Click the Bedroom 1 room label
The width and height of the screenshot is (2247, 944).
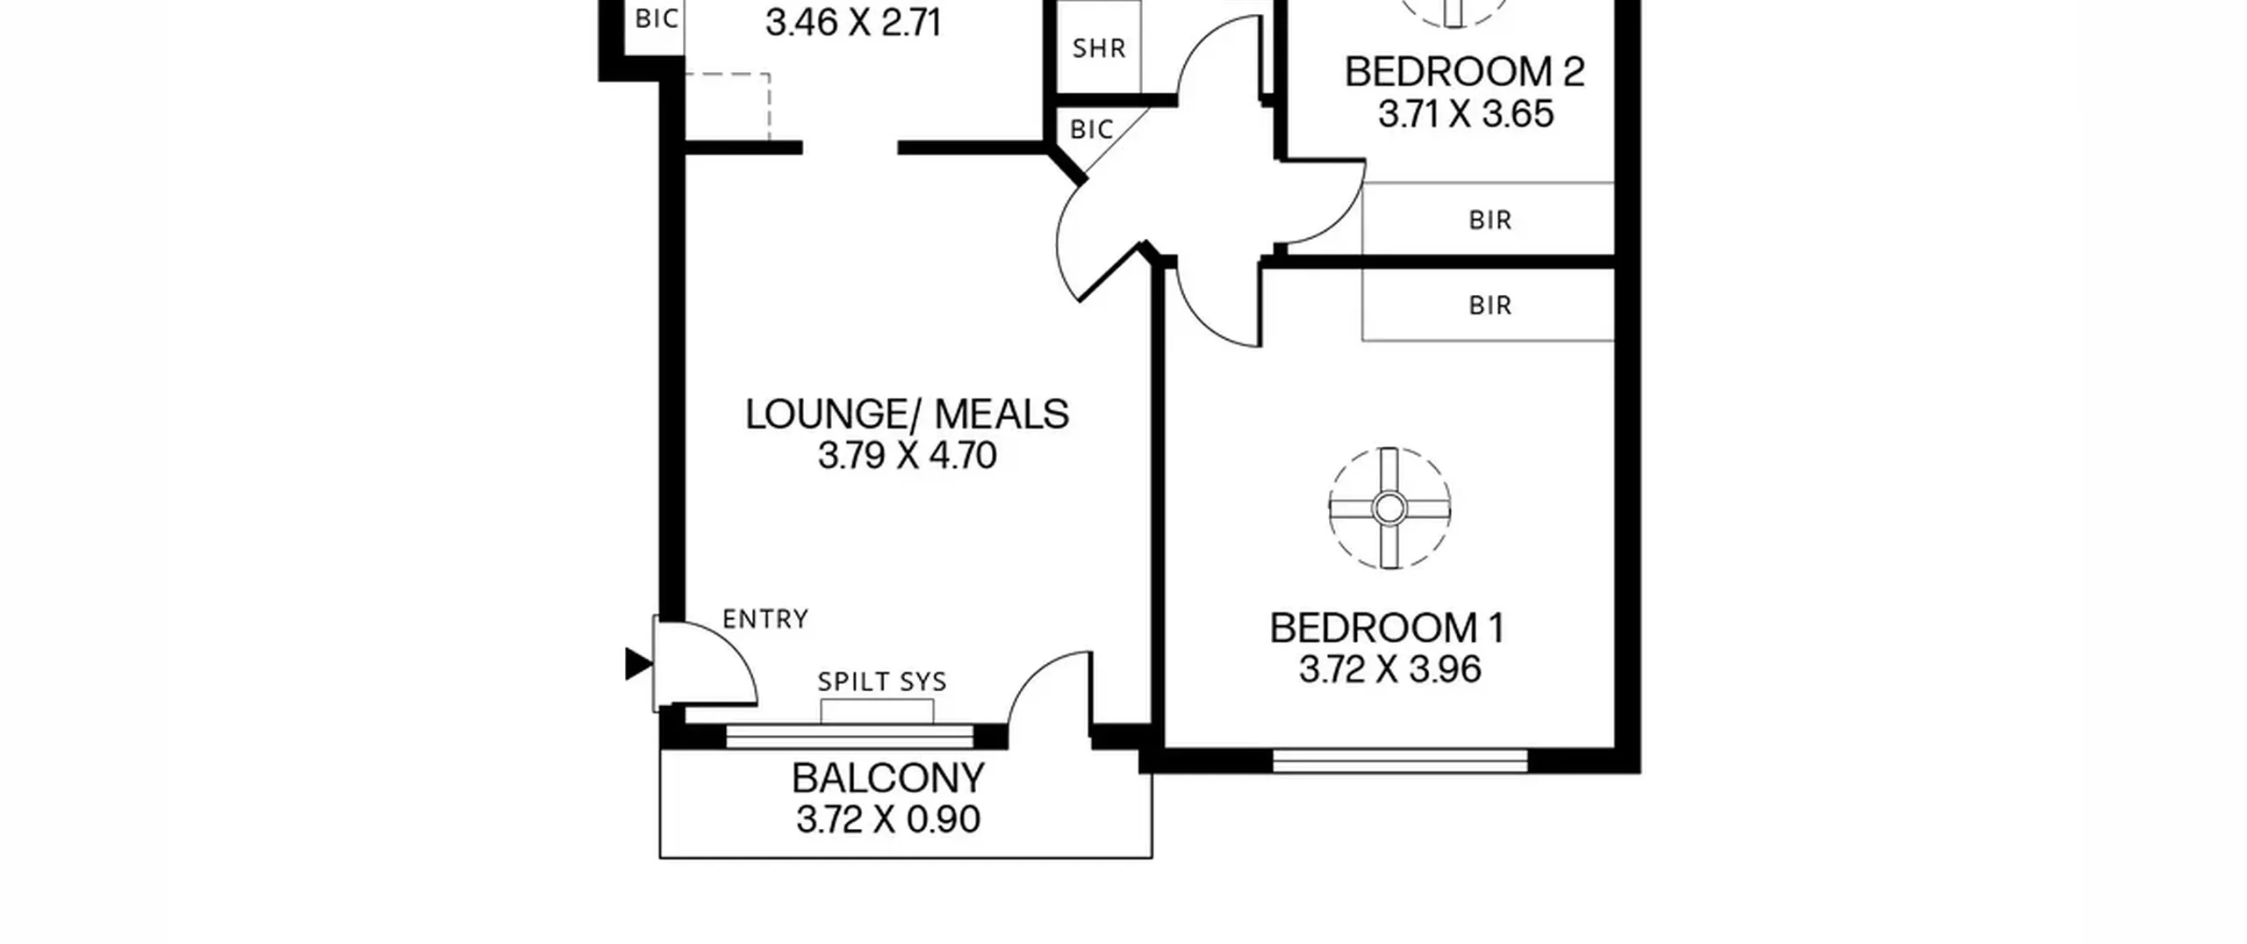tap(1388, 628)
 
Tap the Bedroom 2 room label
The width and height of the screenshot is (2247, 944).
tap(1465, 72)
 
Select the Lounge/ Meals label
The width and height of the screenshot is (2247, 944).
tap(907, 414)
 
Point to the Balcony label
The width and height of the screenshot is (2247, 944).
tap(888, 778)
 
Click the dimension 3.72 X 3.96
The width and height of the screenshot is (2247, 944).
tap(1390, 670)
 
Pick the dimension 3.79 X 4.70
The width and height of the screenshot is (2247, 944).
tap(908, 456)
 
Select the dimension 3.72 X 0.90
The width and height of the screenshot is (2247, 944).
tap(888, 819)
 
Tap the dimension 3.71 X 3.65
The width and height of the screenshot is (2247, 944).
tap(1466, 114)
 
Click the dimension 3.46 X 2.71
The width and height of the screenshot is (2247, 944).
tap(853, 23)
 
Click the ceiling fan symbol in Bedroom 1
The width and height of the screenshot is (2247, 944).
tap(1389, 508)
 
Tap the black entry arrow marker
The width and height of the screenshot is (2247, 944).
tap(638, 664)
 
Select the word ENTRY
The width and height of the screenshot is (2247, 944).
tap(765, 620)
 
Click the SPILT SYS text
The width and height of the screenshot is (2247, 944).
tap(882, 682)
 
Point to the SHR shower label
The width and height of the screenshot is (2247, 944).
tap(1099, 48)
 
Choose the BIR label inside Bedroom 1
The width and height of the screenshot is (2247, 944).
tap(1490, 306)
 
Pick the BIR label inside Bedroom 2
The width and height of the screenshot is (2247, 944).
tap(1490, 220)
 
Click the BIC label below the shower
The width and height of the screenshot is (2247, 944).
tap(1092, 130)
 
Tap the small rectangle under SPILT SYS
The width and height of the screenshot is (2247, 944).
tap(877, 711)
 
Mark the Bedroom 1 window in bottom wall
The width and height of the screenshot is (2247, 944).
tap(1400, 760)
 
